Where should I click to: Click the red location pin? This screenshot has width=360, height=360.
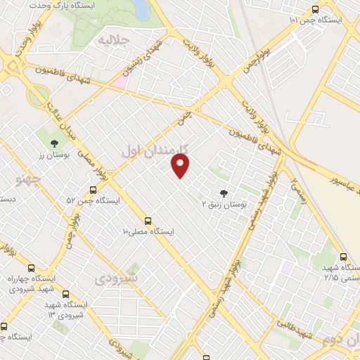[x=181, y=166]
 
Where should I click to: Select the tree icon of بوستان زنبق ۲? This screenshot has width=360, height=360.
[x=224, y=193]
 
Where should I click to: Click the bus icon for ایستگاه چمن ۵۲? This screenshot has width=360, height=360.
[x=93, y=190]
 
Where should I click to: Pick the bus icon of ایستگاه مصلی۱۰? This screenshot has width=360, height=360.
[x=148, y=220]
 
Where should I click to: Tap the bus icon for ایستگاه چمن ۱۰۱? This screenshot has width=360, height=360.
[x=314, y=10]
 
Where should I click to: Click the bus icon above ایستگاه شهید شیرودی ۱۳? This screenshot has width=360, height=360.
[x=65, y=295]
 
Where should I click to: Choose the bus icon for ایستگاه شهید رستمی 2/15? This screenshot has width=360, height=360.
[x=343, y=257]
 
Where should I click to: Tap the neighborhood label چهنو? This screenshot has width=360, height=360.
[x=28, y=180]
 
